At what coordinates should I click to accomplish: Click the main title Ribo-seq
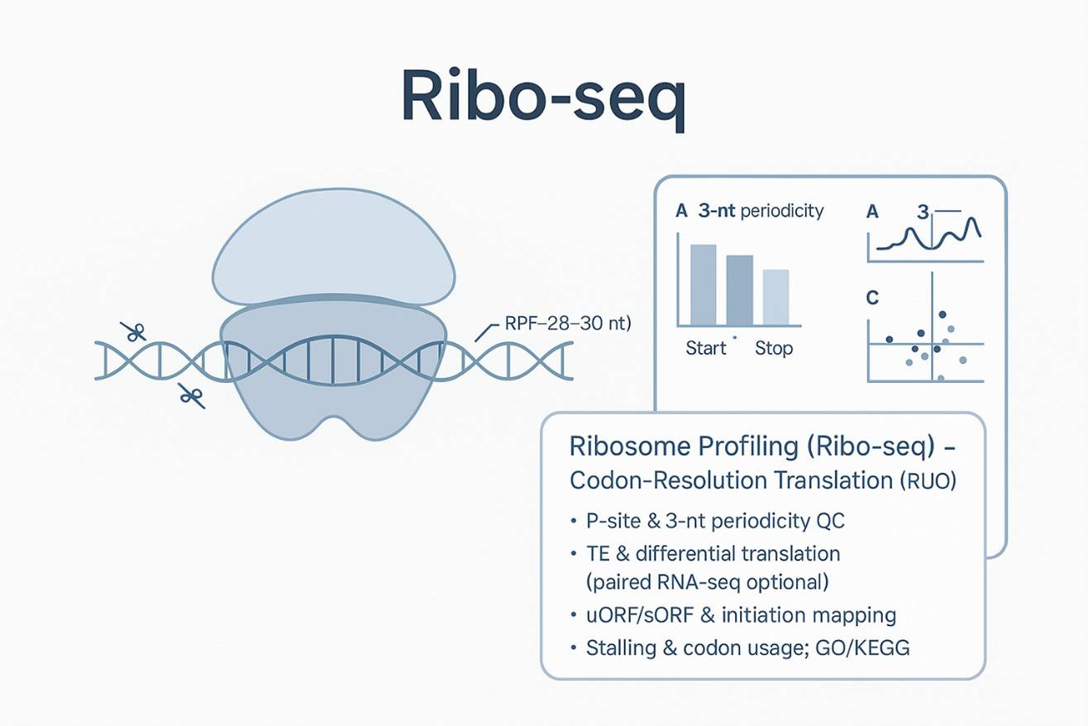[543, 97]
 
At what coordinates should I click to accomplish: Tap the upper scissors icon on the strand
[132, 332]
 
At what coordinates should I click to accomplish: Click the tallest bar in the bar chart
[703, 284]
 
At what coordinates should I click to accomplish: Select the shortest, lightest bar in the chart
[775, 297]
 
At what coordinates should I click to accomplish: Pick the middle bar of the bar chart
[739, 289]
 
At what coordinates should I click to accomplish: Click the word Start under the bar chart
[706, 348]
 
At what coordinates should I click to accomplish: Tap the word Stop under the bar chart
[774, 348]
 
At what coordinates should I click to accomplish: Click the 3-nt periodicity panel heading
[760, 211]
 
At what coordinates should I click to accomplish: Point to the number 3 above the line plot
[923, 212]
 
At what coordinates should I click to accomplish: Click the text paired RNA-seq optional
[706, 582]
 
